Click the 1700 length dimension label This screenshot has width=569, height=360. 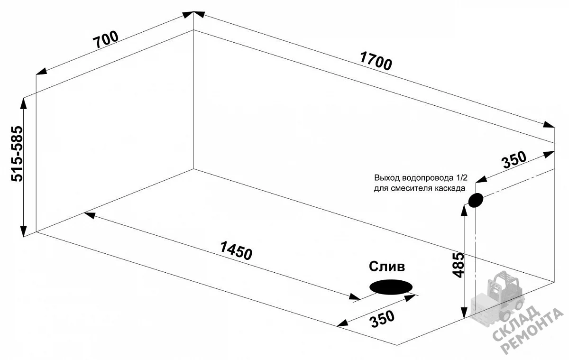pyautogui.click(x=376, y=61)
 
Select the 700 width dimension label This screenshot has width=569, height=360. pyautogui.click(x=105, y=39)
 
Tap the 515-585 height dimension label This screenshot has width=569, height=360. pyautogui.click(x=17, y=154)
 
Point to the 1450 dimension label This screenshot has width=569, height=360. pyautogui.click(x=236, y=251)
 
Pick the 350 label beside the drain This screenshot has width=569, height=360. pyautogui.click(x=383, y=319)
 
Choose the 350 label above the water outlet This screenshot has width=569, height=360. pyautogui.click(x=514, y=160)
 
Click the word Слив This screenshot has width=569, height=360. pyautogui.click(x=387, y=267)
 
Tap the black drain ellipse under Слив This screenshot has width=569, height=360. pyautogui.click(x=391, y=287)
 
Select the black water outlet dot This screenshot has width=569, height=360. pyautogui.click(x=476, y=200)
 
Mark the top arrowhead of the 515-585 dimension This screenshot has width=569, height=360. pyautogui.click(x=24, y=103)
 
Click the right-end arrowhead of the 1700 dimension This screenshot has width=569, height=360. pyautogui.click(x=549, y=125)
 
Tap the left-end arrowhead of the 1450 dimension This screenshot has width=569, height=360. pyautogui.click(x=90, y=215)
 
